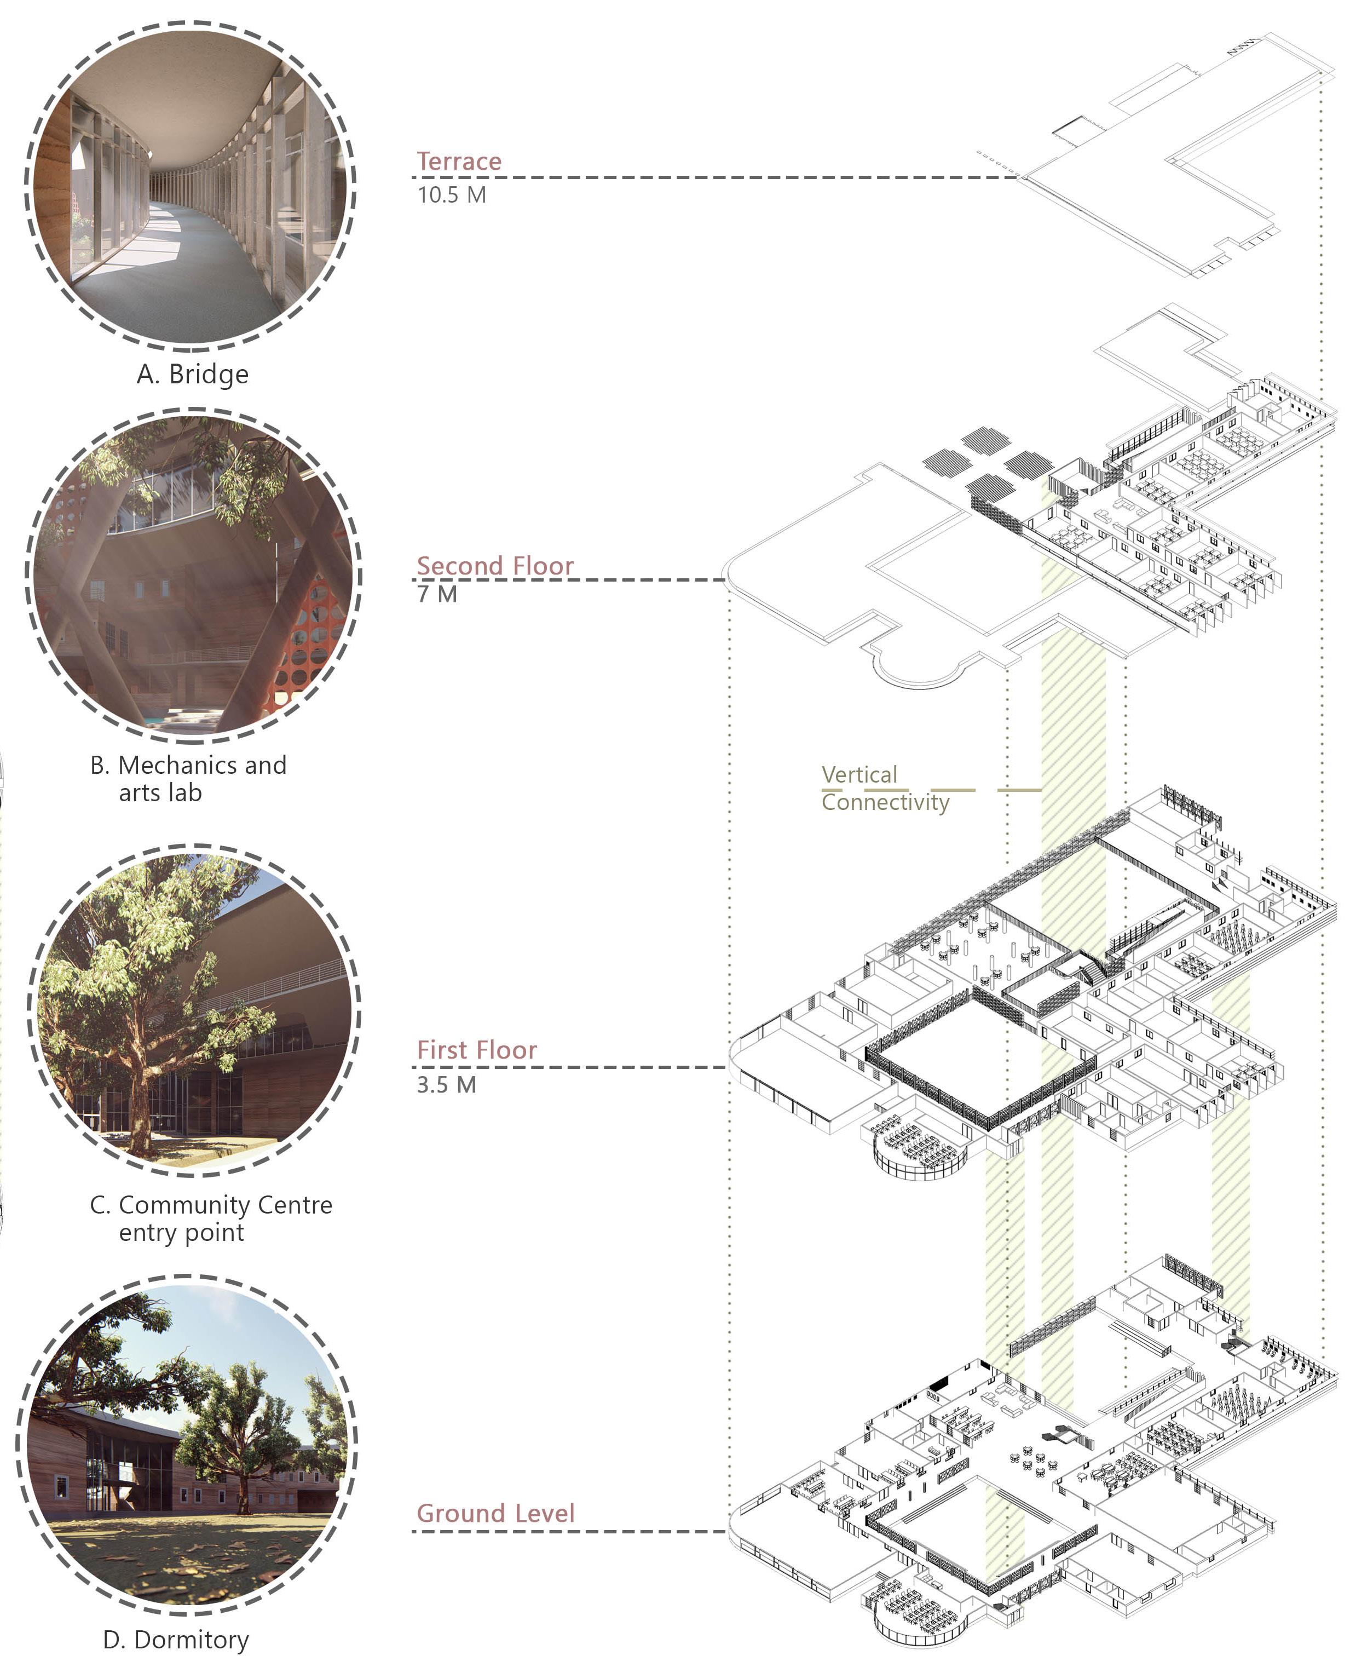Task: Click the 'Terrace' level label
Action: tap(459, 161)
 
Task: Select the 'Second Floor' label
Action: tap(494, 566)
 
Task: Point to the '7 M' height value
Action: tap(437, 594)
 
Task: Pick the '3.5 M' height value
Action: tap(446, 1084)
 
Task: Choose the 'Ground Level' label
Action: tap(495, 1513)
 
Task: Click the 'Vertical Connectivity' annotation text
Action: tap(885, 788)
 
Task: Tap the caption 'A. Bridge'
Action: tap(193, 374)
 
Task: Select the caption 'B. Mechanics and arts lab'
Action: tap(188, 779)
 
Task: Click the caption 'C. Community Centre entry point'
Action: tap(211, 1218)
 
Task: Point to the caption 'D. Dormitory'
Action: tap(176, 1639)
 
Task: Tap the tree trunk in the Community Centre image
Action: tap(140, 1089)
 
